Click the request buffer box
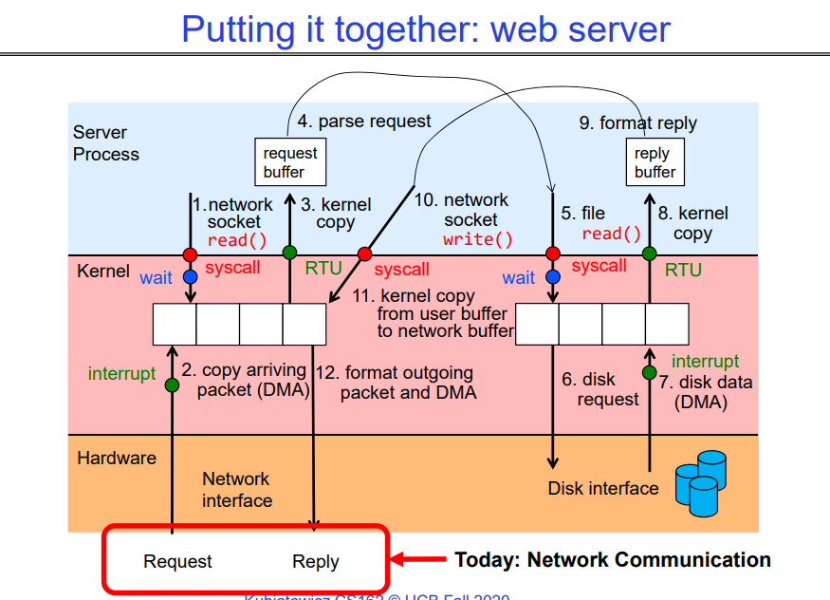click(290, 161)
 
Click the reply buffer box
click(655, 161)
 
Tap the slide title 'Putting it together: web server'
click(425, 29)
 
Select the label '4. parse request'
click(364, 122)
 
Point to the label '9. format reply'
click(637, 123)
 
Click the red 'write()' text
click(477, 239)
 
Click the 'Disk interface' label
click(602, 488)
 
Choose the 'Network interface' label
click(236, 490)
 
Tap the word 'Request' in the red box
click(178, 561)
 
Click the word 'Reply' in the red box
click(316, 561)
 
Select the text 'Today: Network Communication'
click(613, 560)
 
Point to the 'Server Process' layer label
click(105, 143)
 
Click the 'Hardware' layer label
click(117, 458)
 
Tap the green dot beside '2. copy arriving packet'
click(172, 384)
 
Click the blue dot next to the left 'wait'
click(190, 277)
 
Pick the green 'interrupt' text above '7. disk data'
click(705, 361)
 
